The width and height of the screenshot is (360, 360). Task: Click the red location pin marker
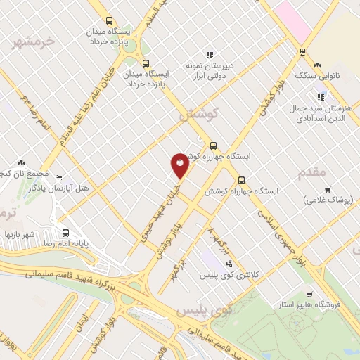pos(180,165)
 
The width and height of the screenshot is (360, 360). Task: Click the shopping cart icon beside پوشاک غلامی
pos(328,190)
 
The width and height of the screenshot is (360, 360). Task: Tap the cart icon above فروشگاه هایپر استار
pos(309,295)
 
